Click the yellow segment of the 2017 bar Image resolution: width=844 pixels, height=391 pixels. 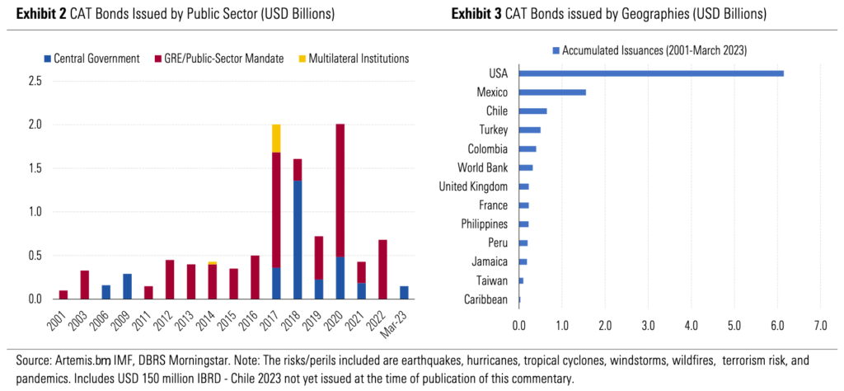pos(275,139)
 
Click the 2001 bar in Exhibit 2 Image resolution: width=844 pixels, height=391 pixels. pos(63,294)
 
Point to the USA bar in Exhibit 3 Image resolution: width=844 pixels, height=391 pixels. pos(651,73)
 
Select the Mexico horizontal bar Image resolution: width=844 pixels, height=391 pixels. pos(552,92)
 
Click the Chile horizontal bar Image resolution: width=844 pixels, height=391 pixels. pos(532,111)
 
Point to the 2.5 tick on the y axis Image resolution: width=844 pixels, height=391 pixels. pos(35,81)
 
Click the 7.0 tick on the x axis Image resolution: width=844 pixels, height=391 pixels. pos(820,326)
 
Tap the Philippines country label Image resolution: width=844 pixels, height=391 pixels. pos(482,224)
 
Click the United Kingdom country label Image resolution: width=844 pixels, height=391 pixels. pos(473,186)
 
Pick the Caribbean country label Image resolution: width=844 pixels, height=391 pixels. pos(485,299)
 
